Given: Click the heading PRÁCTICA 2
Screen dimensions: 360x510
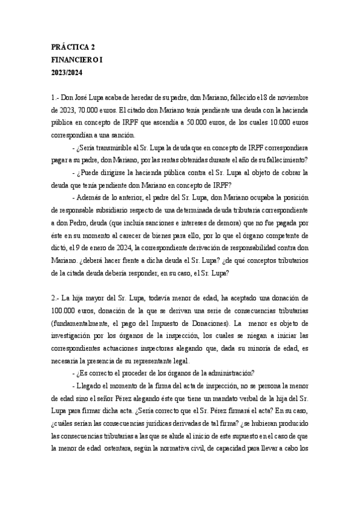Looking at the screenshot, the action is (73, 46).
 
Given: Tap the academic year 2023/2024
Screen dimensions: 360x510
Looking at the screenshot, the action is (67, 73).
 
